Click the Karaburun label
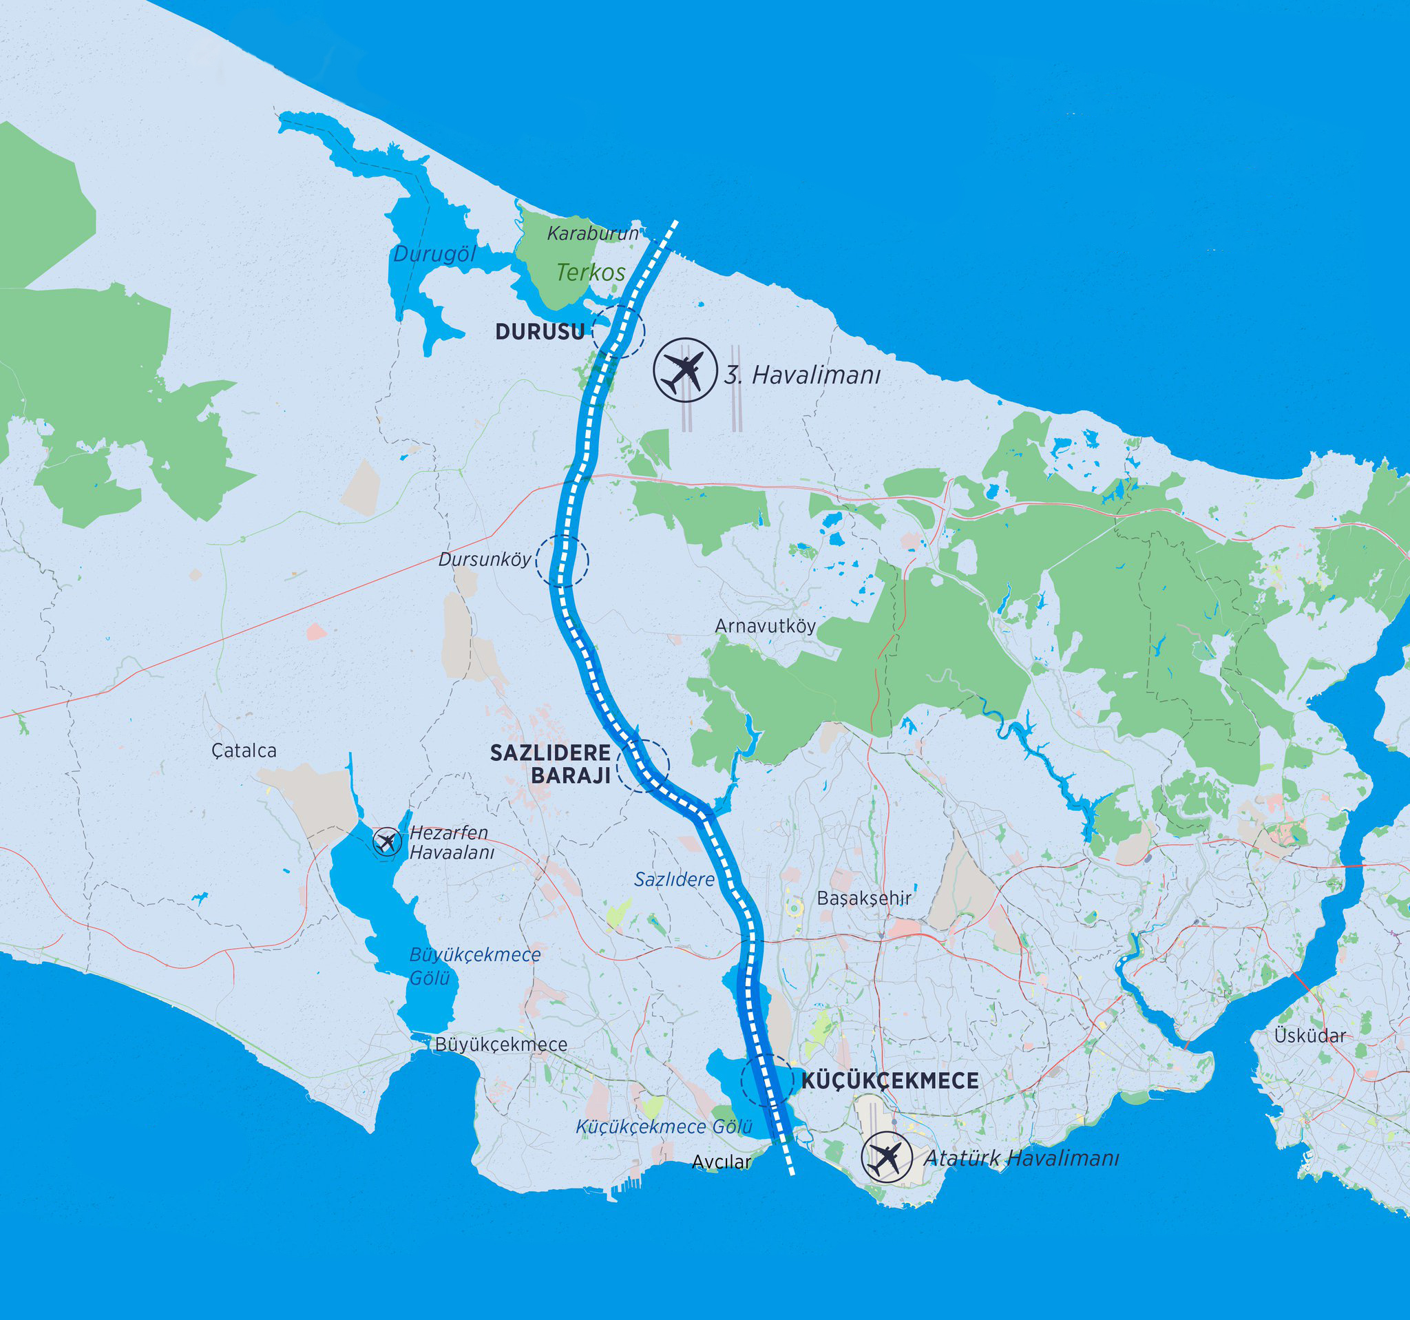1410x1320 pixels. (592, 233)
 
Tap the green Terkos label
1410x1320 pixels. (590, 273)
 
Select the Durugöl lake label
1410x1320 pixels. (434, 254)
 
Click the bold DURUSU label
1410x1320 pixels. (540, 331)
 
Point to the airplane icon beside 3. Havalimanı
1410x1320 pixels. (685, 370)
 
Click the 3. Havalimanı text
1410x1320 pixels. (801, 375)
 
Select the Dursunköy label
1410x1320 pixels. (485, 560)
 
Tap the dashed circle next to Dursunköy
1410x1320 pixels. (562, 561)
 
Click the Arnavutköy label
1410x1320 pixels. (765, 627)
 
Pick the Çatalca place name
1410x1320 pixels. (244, 751)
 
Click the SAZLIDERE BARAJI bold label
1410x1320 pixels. (551, 764)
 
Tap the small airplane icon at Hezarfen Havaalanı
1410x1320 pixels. (386, 842)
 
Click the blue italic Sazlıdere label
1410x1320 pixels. (674, 879)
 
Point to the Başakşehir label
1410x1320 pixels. (864, 898)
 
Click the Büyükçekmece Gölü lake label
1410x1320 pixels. (474, 966)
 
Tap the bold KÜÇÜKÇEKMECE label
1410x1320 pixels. (890, 1081)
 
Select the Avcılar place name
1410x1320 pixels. (721, 1162)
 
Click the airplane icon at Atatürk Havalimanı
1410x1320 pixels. (886, 1157)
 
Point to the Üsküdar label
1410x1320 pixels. (1309, 1036)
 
